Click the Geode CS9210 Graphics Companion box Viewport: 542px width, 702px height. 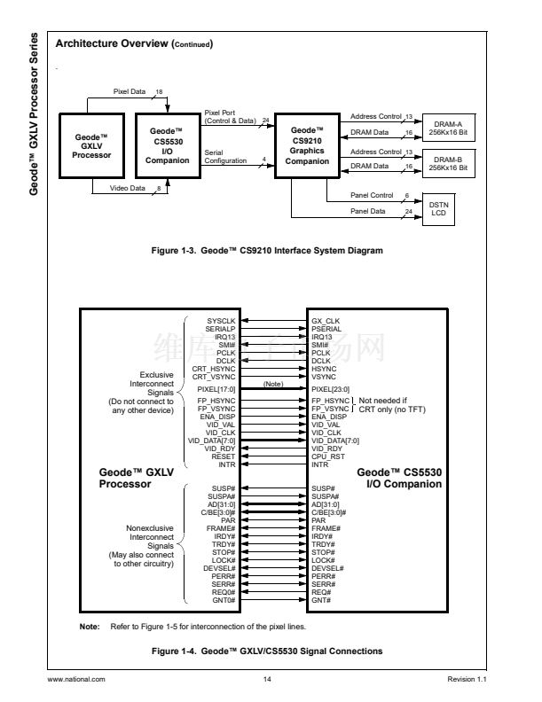click(x=308, y=145)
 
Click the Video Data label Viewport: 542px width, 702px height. click(x=129, y=188)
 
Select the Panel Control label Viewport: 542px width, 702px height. click(x=372, y=194)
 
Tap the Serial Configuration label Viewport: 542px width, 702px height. click(x=225, y=156)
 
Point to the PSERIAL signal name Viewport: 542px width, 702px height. click(x=327, y=328)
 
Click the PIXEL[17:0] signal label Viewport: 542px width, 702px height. click(x=217, y=388)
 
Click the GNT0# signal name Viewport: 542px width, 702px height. click(x=224, y=600)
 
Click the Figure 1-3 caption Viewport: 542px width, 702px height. click(x=267, y=251)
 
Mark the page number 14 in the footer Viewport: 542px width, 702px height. click(x=267, y=679)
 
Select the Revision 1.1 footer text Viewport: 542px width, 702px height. click(x=468, y=679)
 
